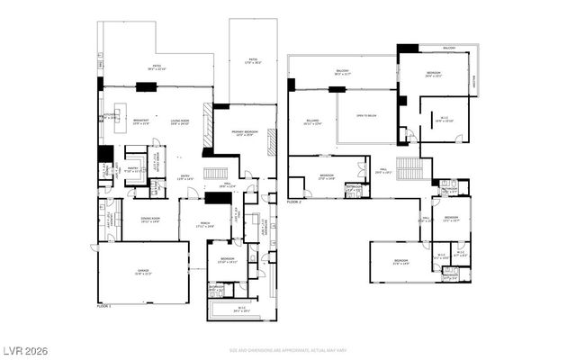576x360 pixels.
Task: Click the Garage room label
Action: pyautogui.click(x=142, y=274)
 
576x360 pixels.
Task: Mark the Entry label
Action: pyautogui.click(x=184, y=177)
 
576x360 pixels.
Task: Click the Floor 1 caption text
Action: pyautogui.click(x=106, y=307)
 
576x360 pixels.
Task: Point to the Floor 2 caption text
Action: pyautogui.click(x=295, y=202)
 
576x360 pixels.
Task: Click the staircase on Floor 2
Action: pyautogui.click(x=409, y=168)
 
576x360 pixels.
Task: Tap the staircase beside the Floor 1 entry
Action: pyautogui.click(x=214, y=174)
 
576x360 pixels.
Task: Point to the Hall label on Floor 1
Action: pyautogui.click(x=229, y=186)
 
